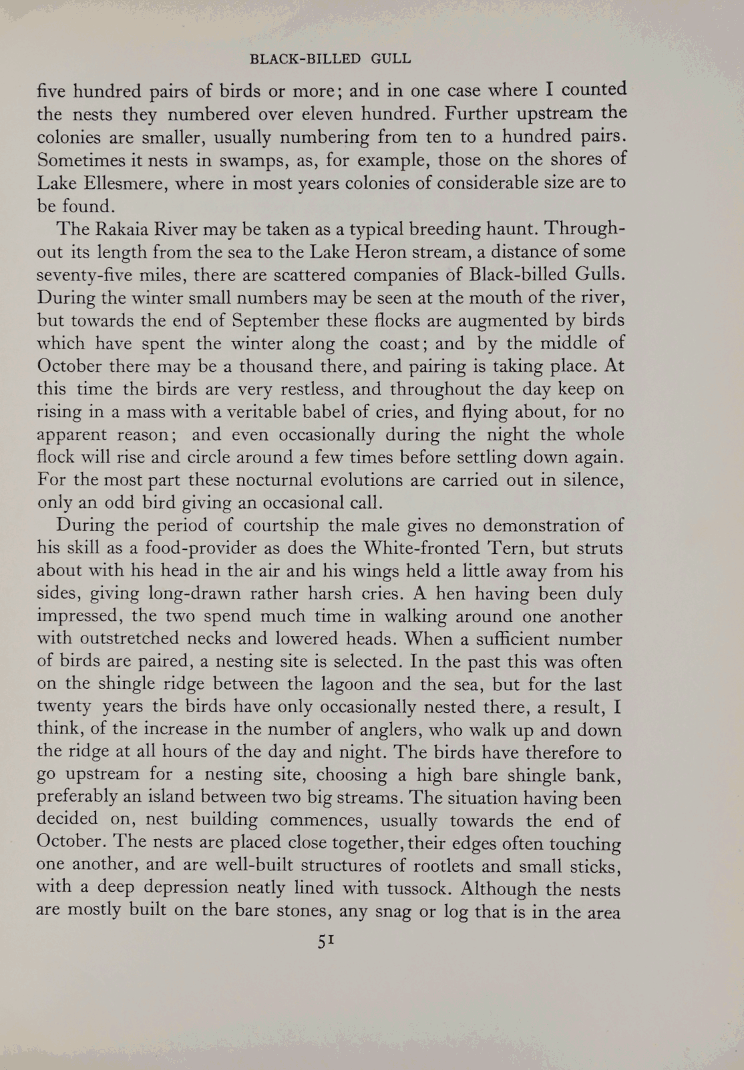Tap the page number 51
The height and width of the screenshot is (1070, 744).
point(325,941)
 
